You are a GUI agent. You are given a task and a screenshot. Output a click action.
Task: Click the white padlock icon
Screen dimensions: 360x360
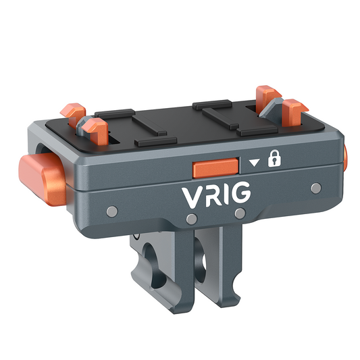[274, 160]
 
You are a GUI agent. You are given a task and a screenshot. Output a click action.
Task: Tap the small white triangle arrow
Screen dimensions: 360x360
[254, 163]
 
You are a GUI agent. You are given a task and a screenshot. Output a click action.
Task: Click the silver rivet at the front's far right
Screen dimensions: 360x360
[314, 186]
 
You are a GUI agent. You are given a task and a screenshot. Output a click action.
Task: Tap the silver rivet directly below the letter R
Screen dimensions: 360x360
[192, 219]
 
